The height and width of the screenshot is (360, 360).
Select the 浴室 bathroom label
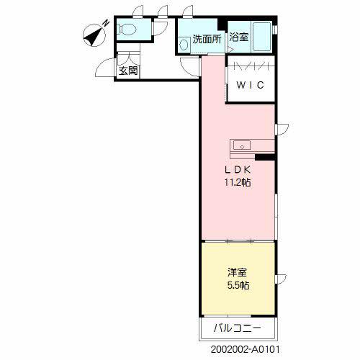coord(239,37)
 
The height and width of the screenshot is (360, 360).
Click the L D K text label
coord(237,170)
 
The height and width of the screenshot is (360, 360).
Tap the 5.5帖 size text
coord(237,285)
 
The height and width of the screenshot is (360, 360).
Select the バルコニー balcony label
coord(237,329)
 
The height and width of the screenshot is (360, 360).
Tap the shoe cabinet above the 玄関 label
coord(128,58)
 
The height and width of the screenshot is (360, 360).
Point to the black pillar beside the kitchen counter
coord(266,156)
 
